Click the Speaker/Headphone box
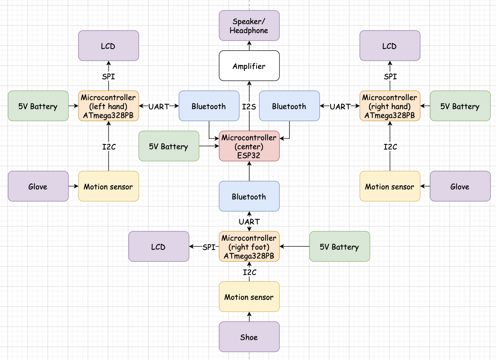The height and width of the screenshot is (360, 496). click(249, 25)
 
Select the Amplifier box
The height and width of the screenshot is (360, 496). click(249, 66)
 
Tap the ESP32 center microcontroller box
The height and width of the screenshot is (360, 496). click(249, 146)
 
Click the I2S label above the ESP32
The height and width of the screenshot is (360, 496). click(249, 106)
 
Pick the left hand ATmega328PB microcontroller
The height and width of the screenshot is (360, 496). click(108, 106)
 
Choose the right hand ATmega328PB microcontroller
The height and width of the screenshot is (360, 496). click(390, 106)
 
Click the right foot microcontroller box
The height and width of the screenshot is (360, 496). click(249, 246)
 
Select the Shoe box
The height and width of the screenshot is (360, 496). click(249, 337)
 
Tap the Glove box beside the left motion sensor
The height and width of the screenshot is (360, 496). click(38, 186)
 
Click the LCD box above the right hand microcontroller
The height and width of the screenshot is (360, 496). click(390, 46)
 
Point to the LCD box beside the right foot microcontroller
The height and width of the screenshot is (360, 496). click(159, 246)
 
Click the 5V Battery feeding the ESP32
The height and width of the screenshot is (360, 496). click(169, 146)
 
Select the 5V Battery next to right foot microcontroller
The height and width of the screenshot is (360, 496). click(340, 246)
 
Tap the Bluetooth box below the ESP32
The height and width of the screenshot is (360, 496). click(249, 196)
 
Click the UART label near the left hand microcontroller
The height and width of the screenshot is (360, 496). click(159, 106)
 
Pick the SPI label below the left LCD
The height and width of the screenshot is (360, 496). click(108, 76)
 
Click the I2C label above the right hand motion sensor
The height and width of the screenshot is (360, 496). click(390, 147)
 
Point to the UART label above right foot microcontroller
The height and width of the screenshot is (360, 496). click(249, 222)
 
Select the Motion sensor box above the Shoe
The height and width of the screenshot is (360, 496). click(249, 297)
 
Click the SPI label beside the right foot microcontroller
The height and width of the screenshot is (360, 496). click(209, 247)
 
